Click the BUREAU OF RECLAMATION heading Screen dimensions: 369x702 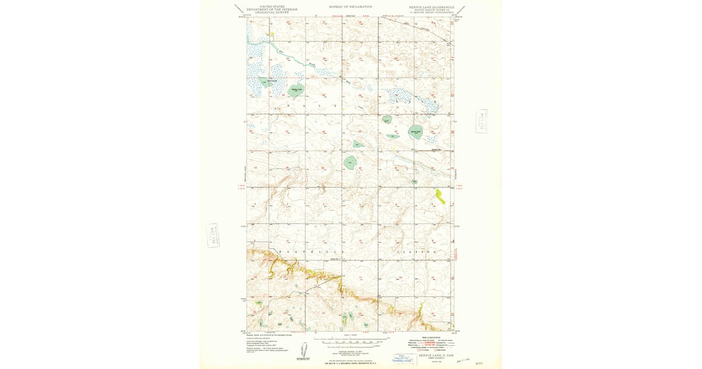pyautogui.click(x=350, y=6)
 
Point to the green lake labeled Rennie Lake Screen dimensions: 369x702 pyautogui.click(x=415, y=132)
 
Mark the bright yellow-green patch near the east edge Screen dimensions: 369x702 pyautogui.click(x=440, y=196)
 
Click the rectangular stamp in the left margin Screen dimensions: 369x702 pyautogui.click(x=213, y=235)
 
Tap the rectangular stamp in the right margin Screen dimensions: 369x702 pyautogui.click(x=482, y=121)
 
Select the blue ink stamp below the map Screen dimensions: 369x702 pyautogui.click(x=403, y=358)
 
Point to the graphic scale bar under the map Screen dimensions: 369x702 pyautogui.click(x=350, y=340)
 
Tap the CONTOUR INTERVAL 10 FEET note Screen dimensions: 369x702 pyautogui.click(x=350, y=351)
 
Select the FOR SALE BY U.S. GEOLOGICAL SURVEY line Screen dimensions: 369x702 pyautogui.click(x=350, y=364)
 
